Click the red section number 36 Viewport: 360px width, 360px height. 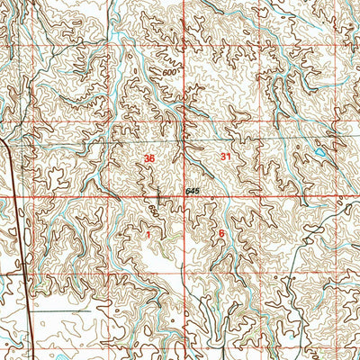pyautogui.click(x=148, y=158)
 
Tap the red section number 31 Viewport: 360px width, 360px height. pyautogui.click(x=224, y=157)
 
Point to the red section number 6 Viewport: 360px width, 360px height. pyautogui.click(x=221, y=233)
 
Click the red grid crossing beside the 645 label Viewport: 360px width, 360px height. pyautogui.click(x=186, y=195)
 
